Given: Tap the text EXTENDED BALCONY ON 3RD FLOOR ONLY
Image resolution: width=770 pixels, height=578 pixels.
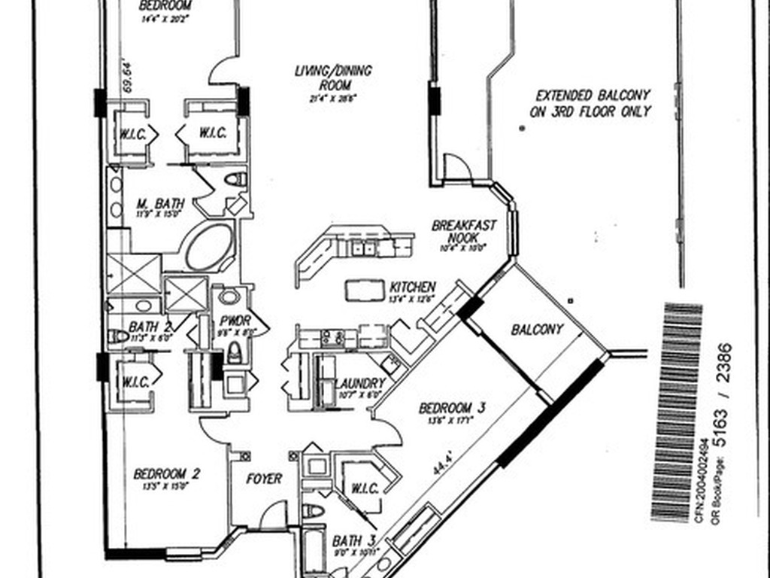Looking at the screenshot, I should click(x=593, y=104).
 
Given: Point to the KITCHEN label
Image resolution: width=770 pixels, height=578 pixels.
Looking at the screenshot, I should click(x=412, y=287).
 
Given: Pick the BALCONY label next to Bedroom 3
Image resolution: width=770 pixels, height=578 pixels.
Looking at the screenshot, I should click(x=537, y=330).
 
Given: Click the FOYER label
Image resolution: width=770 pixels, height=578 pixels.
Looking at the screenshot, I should click(x=264, y=479).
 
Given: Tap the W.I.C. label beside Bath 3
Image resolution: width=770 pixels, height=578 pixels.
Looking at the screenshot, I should click(x=364, y=488).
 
